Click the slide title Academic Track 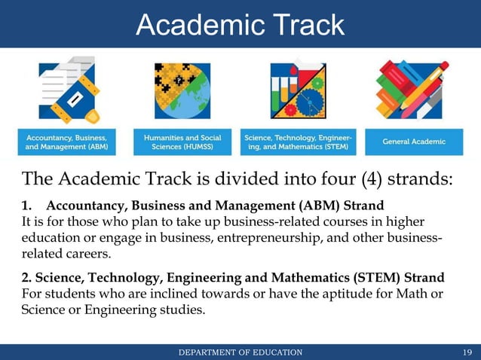point(240,24)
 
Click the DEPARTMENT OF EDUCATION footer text point(240,352)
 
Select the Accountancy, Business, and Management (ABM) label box point(68,142)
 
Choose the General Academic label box point(413,142)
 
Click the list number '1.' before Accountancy point(28,206)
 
